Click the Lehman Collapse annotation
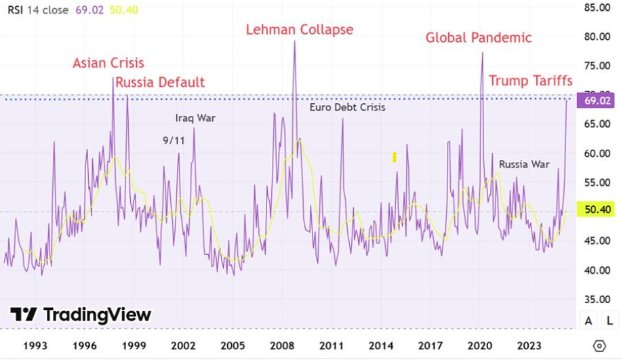(x=299, y=29)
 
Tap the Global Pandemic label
(x=479, y=37)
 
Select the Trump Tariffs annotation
(x=531, y=81)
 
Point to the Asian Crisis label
(x=108, y=63)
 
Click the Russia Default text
(x=160, y=82)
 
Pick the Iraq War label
(x=195, y=118)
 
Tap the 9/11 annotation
(x=174, y=140)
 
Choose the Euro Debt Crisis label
(x=347, y=107)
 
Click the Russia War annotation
(x=524, y=164)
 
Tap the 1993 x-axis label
(x=35, y=346)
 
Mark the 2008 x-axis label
(x=282, y=346)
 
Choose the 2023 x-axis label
(x=529, y=346)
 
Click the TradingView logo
(x=81, y=315)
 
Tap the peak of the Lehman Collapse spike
(x=294, y=41)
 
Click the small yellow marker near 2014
(x=394, y=157)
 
